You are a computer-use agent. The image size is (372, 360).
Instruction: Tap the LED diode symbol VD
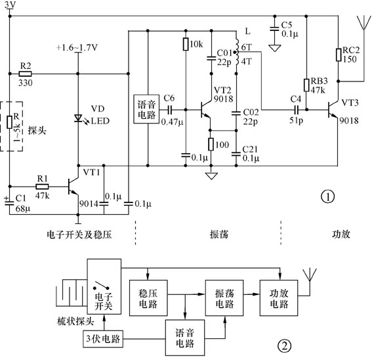click(x=79, y=118)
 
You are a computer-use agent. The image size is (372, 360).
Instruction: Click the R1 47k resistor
click(x=42, y=186)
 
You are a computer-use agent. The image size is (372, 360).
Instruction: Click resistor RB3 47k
click(x=306, y=85)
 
